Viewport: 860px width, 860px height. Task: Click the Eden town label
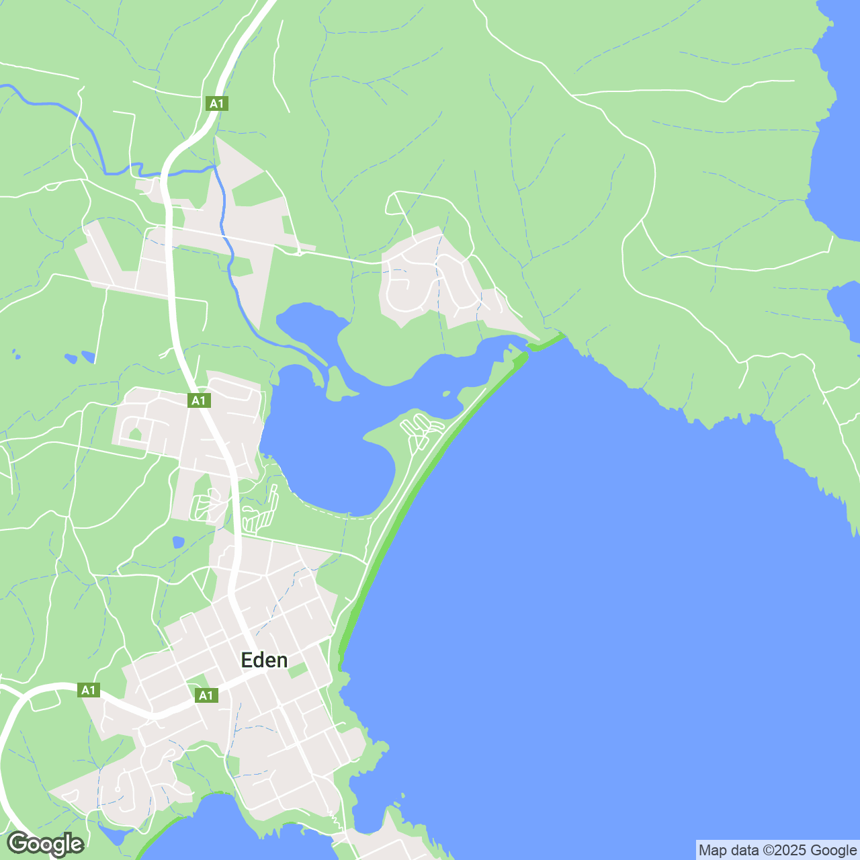tap(264, 660)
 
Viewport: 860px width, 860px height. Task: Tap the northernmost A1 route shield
tap(216, 103)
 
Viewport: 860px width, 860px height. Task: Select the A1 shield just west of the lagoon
tap(198, 400)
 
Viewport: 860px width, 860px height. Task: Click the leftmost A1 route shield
tap(89, 690)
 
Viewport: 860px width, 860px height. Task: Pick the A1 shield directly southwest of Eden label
tap(206, 695)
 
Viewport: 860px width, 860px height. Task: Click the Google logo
tap(46, 844)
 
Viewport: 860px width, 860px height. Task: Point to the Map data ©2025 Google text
tap(777, 851)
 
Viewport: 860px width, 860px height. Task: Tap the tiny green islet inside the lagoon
tap(445, 394)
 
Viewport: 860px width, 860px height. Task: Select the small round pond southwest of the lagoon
tap(178, 542)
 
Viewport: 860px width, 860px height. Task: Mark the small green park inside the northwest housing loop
tap(135, 434)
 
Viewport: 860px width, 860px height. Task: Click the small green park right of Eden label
tap(298, 670)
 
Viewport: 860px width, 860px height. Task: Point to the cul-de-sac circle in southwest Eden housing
tap(118, 789)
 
